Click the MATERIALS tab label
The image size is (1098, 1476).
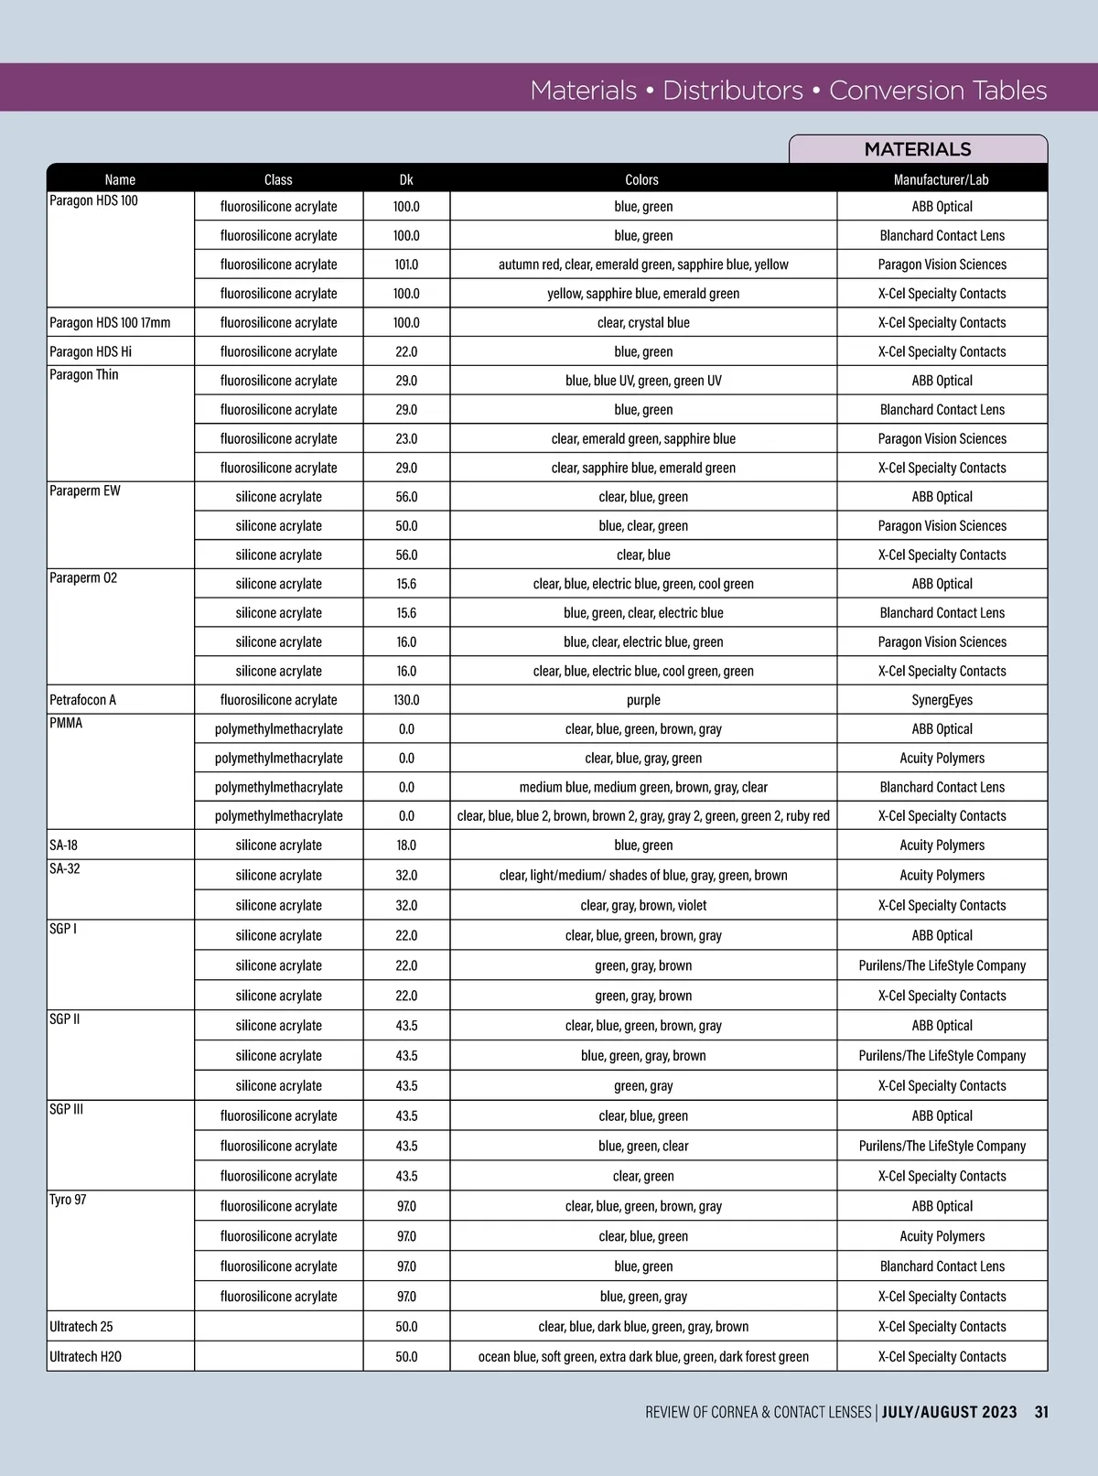point(917,149)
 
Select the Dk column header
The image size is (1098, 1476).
point(406,179)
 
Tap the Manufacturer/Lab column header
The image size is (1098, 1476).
point(942,179)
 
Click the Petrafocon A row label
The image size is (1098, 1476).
point(82,700)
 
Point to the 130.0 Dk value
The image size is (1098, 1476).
point(406,700)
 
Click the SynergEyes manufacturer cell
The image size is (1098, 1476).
point(942,700)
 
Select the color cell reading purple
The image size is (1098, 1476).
point(643,700)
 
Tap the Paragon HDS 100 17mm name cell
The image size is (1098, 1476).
point(110,322)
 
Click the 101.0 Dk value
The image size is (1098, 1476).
point(406,264)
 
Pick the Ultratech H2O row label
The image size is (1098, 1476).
point(85,1356)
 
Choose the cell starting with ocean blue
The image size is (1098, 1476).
point(643,1356)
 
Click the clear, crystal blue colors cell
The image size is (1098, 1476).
point(643,322)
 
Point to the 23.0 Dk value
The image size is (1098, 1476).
point(406,438)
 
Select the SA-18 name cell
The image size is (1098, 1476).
point(64,845)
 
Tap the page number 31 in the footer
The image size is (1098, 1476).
point(1041,1412)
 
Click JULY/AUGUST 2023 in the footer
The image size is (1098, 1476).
point(949,1412)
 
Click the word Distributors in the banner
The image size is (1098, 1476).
point(732,90)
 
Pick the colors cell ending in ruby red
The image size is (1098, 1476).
point(643,815)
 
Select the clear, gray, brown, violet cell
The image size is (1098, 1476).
point(643,905)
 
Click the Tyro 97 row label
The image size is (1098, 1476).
point(68,1200)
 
